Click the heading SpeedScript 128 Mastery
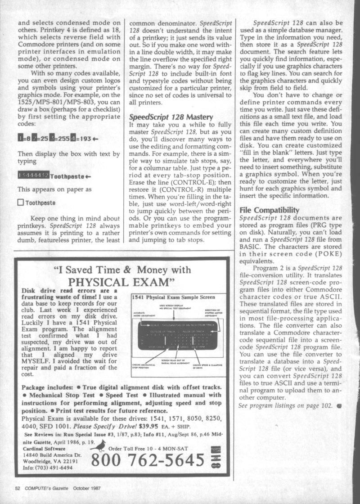click(x=171, y=117)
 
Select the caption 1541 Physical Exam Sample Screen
click(x=173, y=297)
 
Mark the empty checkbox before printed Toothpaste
click(x=20, y=202)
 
